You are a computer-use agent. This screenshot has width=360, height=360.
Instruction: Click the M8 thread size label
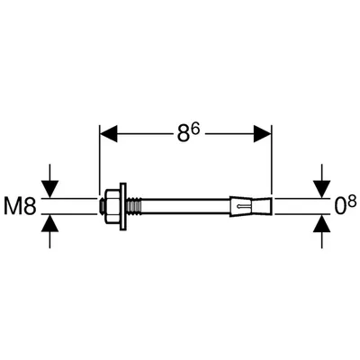point(20,206)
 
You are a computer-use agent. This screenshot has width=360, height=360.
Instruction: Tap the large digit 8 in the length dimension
point(184,133)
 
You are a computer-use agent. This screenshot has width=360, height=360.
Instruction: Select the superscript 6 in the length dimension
point(196,129)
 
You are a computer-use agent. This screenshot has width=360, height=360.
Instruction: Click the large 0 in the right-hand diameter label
point(341,206)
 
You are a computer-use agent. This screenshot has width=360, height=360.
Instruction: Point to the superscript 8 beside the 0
point(353,201)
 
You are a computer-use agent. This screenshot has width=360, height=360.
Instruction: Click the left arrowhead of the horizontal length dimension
point(108,133)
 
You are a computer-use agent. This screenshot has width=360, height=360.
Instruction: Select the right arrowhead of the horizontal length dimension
point(262,133)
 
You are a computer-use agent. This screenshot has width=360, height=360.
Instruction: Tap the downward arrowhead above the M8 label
point(49,189)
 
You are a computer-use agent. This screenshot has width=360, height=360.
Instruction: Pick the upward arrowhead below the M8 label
point(49,223)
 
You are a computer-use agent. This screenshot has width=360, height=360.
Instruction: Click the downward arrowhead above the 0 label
point(322,189)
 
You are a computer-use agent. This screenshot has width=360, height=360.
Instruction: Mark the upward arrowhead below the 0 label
point(322,223)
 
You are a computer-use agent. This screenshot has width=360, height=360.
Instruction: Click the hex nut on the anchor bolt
point(112,206)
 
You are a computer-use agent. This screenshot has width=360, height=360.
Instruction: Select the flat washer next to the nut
point(123,206)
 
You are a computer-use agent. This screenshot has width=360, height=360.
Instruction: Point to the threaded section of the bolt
point(134,206)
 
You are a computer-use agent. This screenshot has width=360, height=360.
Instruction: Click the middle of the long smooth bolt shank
point(185,206)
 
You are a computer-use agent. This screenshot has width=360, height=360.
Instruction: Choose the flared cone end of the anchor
point(263,206)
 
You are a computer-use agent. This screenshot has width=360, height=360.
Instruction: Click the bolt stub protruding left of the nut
point(102,206)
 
